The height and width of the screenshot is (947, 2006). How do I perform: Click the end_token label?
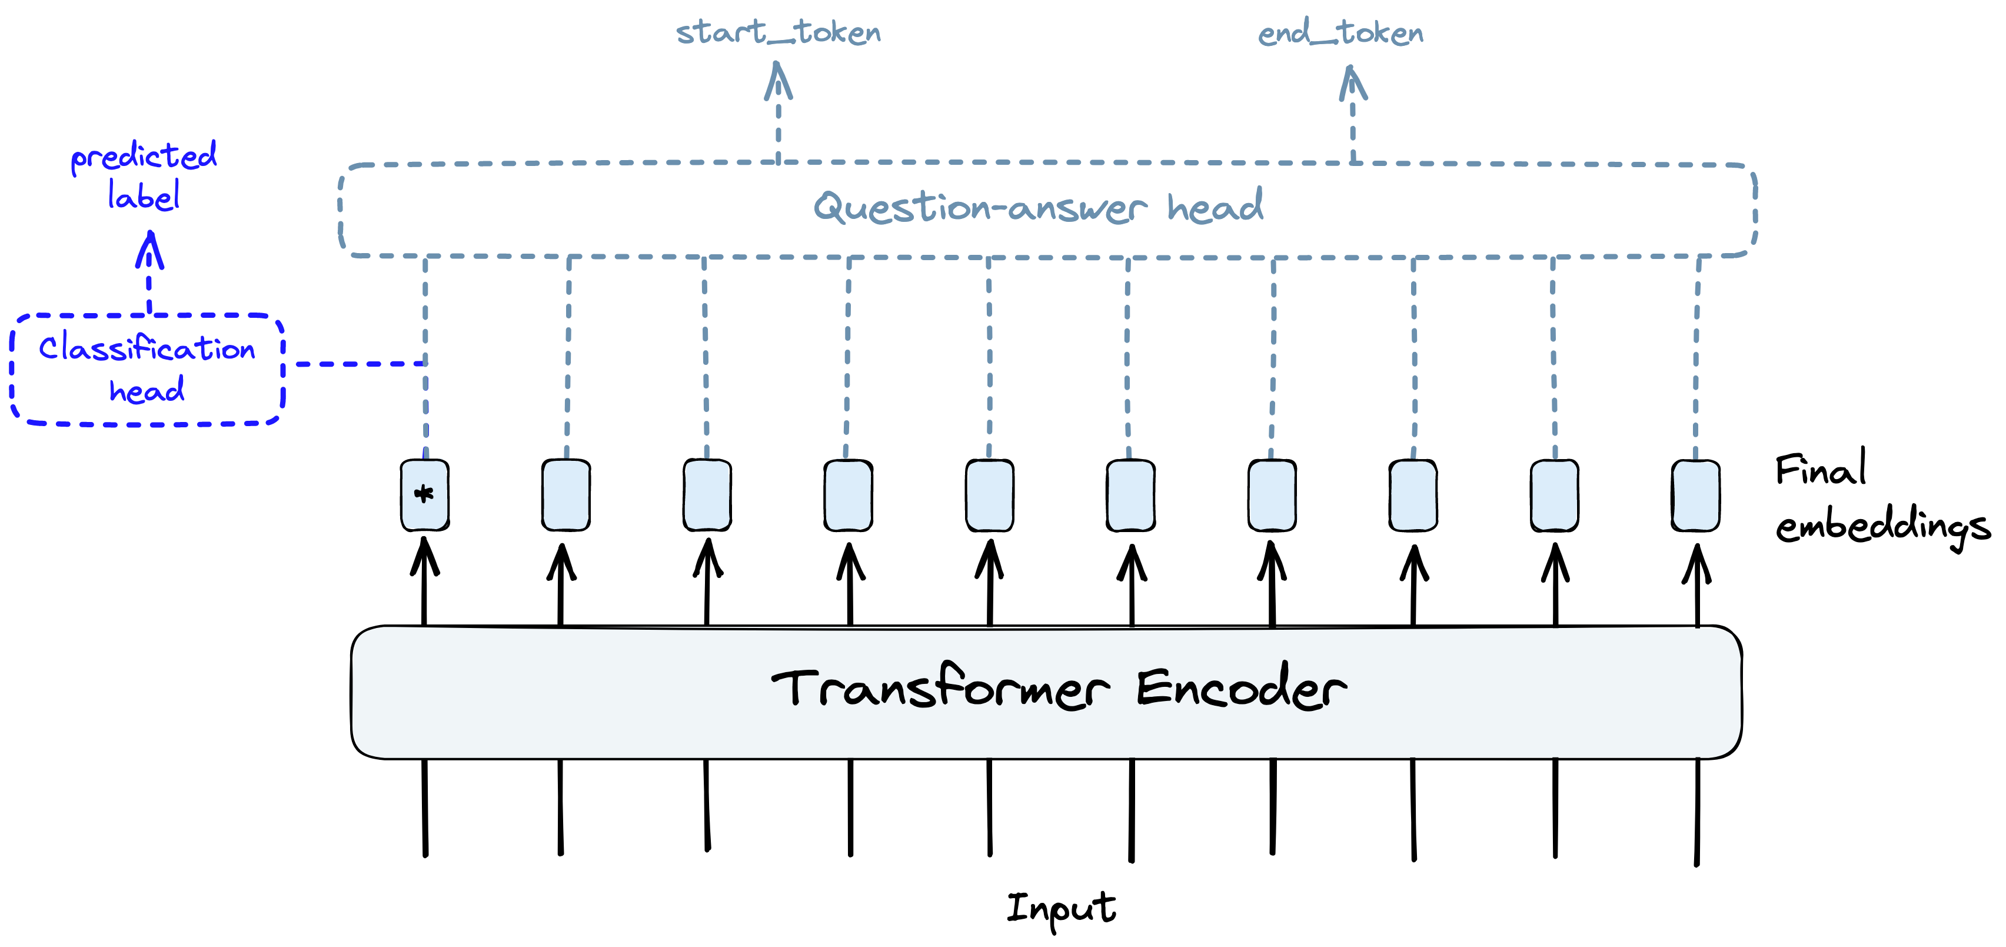point(1340,34)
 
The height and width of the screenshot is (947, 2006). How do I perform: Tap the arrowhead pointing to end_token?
point(1353,84)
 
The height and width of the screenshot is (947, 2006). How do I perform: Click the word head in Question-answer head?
point(1215,207)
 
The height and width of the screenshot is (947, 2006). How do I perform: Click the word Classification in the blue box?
point(147,348)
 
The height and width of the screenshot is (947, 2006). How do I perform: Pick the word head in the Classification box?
point(147,390)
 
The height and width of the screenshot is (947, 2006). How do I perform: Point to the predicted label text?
point(144,175)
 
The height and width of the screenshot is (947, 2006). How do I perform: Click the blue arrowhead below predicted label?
point(149,250)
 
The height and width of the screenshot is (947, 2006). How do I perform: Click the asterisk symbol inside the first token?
point(424,494)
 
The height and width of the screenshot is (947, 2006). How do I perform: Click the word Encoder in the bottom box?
point(1241,687)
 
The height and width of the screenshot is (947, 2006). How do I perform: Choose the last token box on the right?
point(1695,496)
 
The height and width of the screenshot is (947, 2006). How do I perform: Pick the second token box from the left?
point(566,496)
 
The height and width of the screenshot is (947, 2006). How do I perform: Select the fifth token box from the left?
point(990,496)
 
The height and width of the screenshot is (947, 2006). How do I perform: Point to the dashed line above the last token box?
point(1697,358)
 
